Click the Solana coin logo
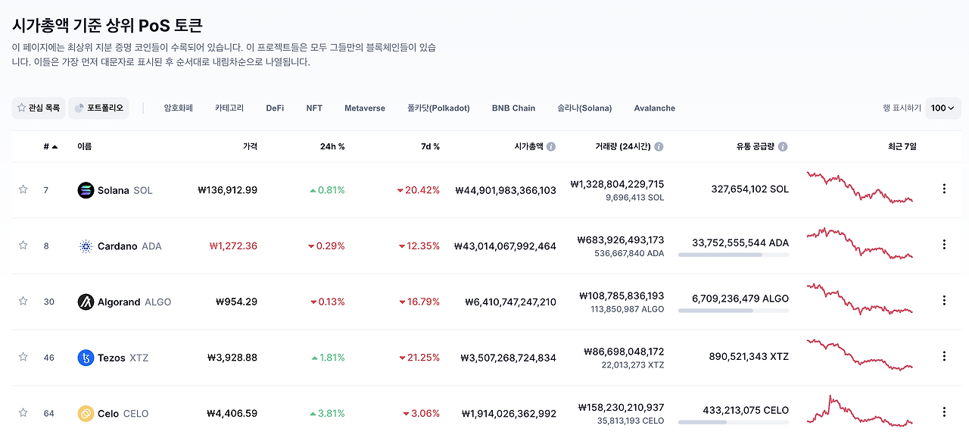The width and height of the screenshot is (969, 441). coord(86,190)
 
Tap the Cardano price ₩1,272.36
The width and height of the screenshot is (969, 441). coord(232,246)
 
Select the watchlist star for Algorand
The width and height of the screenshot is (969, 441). coord(23,301)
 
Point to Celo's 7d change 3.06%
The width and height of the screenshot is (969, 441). coord(421,414)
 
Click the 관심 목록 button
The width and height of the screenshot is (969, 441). coord(39,108)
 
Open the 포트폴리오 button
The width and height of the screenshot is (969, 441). coord(98,108)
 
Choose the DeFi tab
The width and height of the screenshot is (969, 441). coord(275,108)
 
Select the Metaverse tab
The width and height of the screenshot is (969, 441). coord(364,108)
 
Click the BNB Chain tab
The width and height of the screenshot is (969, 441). coord(513,108)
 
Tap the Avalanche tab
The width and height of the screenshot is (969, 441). coord(654,108)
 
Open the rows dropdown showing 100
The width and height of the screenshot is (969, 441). coord(943,108)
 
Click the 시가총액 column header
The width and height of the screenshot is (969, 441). coord(528,146)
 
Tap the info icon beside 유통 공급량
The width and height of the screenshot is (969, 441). coord(783,147)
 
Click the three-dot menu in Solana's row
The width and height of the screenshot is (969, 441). coord(944,189)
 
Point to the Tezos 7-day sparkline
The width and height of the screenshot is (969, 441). coord(860,355)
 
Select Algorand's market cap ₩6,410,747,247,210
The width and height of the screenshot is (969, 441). coord(505,302)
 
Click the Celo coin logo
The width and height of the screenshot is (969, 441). coord(86,414)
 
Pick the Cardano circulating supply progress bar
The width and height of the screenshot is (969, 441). coord(733,255)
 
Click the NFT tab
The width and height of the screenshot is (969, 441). coord(314,108)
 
